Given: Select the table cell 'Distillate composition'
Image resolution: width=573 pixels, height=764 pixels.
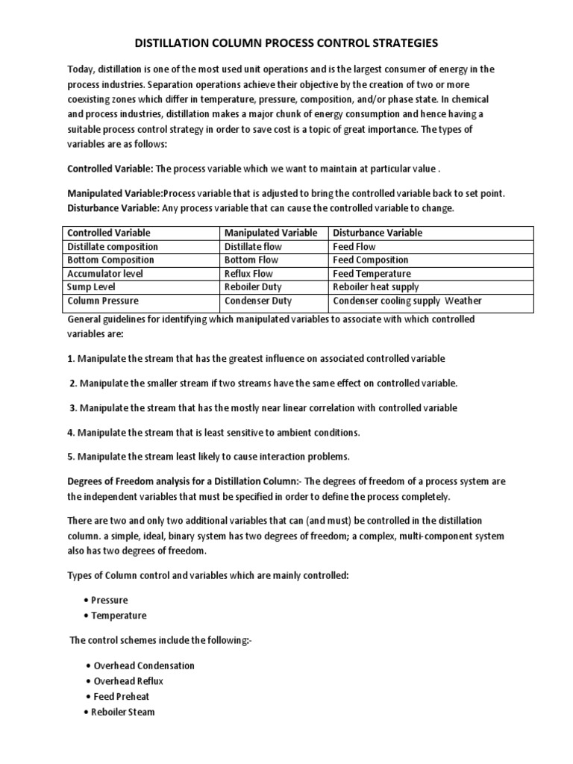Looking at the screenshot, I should click(113, 247).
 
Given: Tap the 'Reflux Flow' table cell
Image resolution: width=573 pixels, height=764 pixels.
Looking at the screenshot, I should click(248, 274).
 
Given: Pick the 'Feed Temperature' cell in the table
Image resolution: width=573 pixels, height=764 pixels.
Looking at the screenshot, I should click(372, 274).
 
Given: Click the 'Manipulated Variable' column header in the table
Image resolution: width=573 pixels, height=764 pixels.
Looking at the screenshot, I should click(271, 233).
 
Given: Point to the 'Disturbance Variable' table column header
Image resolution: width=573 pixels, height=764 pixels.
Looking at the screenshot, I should click(378, 233).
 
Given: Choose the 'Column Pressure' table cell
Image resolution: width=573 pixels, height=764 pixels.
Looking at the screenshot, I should click(103, 301).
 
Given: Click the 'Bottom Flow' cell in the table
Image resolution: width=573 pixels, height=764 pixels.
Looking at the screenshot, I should click(251, 260).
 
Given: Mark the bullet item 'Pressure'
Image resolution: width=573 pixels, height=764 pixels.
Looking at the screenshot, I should click(109, 601).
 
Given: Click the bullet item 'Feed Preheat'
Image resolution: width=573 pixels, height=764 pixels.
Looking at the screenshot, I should click(122, 697).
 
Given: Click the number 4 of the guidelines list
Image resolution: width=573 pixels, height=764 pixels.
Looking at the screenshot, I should click(71, 433).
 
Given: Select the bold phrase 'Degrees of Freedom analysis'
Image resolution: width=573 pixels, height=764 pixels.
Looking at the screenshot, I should click(130, 480).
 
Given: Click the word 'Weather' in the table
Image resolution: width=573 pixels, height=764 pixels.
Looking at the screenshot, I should click(463, 301).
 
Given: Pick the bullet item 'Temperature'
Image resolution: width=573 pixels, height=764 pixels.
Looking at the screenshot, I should click(119, 616).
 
